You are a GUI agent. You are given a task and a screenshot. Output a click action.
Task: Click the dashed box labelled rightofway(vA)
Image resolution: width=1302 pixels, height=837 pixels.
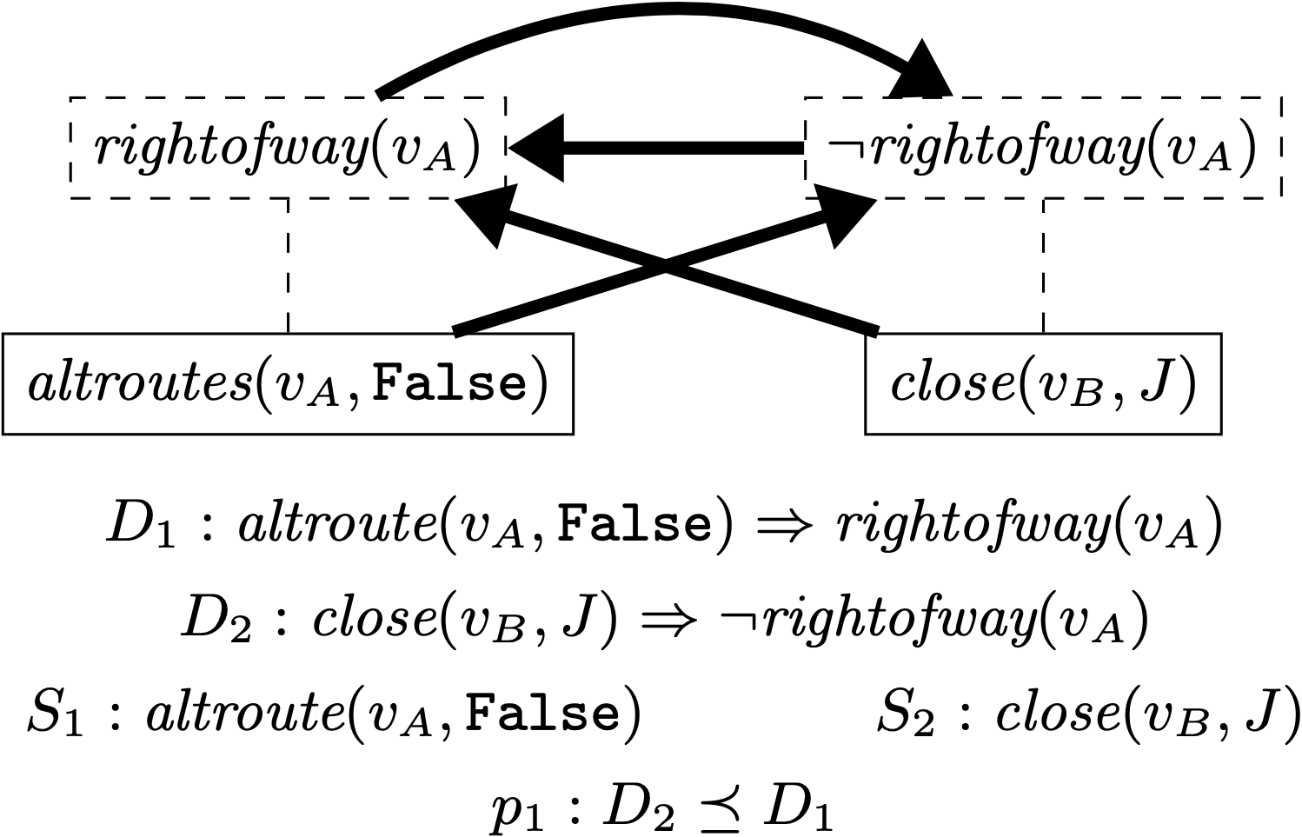(x=287, y=148)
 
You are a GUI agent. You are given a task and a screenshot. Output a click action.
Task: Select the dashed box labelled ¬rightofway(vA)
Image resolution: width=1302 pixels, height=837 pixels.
(x=1043, y=148)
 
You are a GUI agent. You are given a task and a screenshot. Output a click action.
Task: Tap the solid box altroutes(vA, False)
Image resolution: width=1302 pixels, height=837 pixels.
(x=288, y=383)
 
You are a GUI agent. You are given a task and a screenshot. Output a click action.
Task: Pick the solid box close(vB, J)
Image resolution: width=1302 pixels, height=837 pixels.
(x=1043, y=383)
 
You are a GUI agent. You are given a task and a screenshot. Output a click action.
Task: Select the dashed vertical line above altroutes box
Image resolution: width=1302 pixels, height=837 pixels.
(x=288, y=265)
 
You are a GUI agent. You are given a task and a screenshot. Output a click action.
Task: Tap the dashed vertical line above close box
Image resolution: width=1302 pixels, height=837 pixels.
(x=1043, y=265)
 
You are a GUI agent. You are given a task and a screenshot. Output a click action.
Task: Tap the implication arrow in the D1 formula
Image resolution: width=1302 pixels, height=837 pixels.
(x=781, y=526)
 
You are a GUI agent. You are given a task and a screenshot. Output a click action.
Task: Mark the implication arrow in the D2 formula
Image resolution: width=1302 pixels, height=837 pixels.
(x=670, y=620)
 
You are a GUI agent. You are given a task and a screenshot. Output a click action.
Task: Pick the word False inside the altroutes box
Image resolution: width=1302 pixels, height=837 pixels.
(x=450, y=383)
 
